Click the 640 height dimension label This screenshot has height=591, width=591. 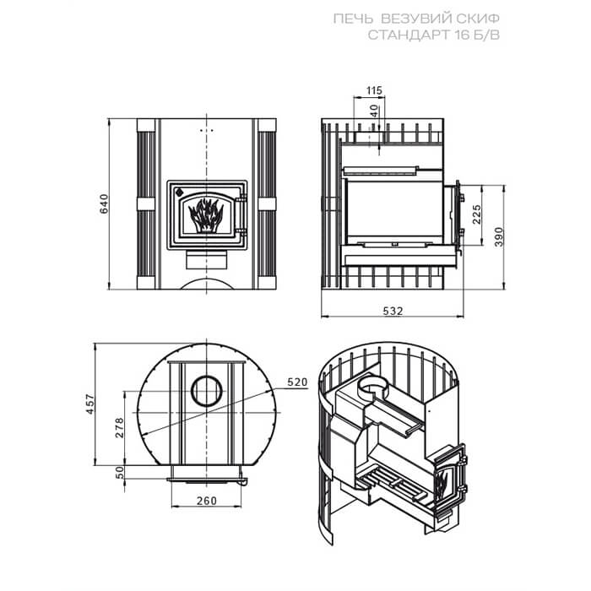pos(104,203)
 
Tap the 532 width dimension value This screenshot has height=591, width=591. pos(393,311)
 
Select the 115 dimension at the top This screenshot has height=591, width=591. pos(374,90)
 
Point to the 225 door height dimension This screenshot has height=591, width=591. pos(477,214)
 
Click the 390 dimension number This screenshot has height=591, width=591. pos(499,236)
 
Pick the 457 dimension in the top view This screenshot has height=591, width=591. pos(90,404)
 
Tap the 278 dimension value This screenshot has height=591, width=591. pos(120,427)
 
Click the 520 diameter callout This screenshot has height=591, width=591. pos(297,382)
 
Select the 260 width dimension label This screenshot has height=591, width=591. pos(207,501)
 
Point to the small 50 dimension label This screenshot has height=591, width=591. pos(120,473)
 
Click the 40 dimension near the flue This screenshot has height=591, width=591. pos(373,111)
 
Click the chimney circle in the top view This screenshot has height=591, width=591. pos(207,390)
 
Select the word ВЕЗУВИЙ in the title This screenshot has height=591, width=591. pos(409,19)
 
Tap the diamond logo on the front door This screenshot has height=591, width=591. pos(179,192)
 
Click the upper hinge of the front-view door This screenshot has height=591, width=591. pos(242,198)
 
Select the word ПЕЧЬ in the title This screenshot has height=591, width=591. pos(353,19)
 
